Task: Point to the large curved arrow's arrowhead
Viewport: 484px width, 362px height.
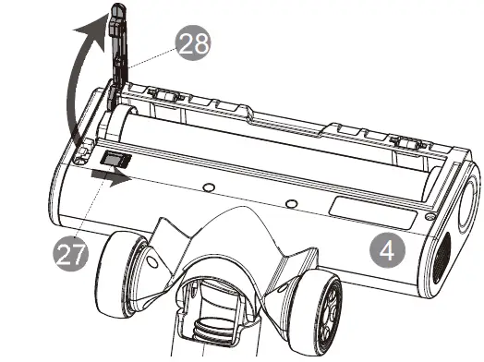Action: (91, 36)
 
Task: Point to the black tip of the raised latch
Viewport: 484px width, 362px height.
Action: (117, 13)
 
